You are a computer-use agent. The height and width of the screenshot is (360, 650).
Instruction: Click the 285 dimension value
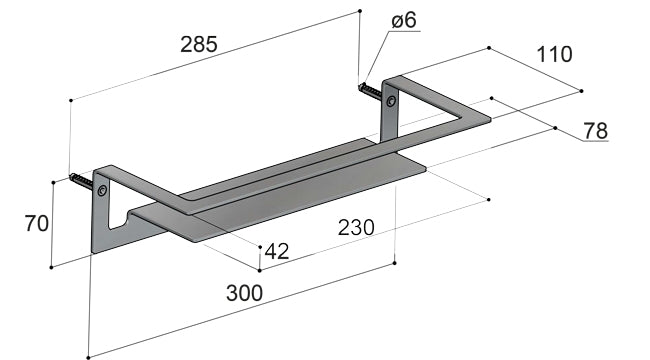tap(199, 44)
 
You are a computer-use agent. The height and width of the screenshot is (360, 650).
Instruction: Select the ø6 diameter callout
tap(404, 20)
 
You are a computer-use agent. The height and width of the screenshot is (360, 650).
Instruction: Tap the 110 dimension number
tap(554, 54)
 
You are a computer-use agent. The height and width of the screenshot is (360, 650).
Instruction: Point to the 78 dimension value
tap(596, 131)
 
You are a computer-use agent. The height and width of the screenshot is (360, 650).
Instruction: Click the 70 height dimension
tap(36, 223)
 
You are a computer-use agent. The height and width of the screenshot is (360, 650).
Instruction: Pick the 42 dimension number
tap(276, 251)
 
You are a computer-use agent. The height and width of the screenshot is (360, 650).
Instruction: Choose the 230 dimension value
tap(356, 228)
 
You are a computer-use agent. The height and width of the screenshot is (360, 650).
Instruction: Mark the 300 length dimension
tap(245, 293)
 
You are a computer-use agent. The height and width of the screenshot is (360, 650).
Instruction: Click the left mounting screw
tap(82, 181)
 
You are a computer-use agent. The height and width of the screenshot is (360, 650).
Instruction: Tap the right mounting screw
tap(371, 90)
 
